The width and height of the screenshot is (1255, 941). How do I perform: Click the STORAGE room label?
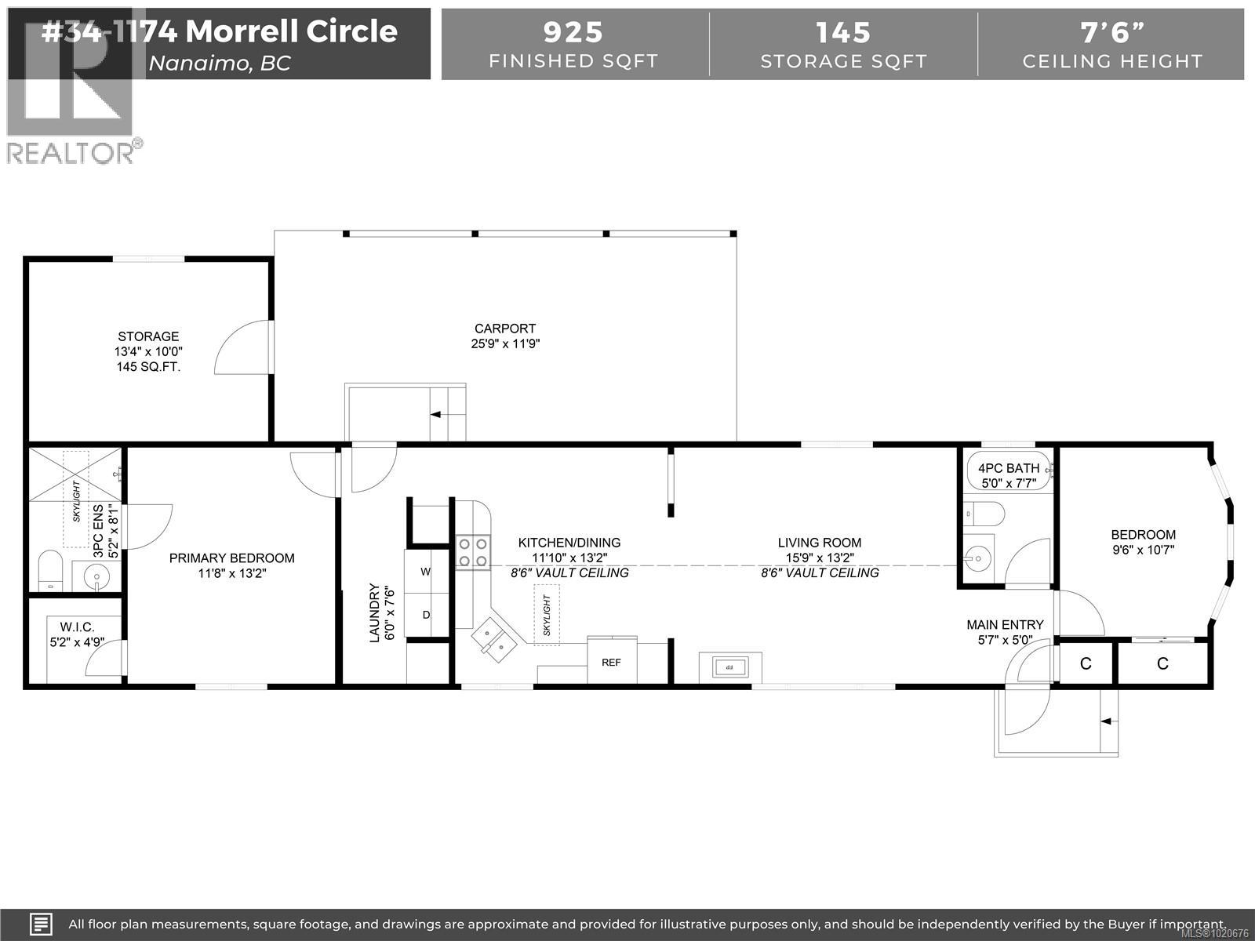pos(148,336)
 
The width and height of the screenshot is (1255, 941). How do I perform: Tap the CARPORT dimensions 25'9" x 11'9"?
pos(505,343)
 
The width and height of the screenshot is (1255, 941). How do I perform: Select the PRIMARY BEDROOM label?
pos(232,558)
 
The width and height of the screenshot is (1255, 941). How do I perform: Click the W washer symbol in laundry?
pos(426,572)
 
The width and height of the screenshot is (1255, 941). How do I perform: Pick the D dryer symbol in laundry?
pos(426,615)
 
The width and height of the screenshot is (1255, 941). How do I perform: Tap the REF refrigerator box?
pos(611,663)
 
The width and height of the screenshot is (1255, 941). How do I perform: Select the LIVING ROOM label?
pos(819,543)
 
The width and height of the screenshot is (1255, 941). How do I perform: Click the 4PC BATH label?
pos(1008,469)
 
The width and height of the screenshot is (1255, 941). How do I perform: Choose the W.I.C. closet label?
pos(77,627)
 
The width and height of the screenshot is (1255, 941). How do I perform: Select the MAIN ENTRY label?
pos(1005,625)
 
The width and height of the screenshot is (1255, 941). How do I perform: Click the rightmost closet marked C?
pos(1162,664)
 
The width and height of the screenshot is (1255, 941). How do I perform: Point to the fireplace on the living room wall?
pos(729,667)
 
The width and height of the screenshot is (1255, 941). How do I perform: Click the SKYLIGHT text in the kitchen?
pos(547,616)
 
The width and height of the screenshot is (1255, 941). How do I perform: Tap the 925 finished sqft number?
pos(573,32)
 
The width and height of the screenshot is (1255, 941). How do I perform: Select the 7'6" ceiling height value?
pos(1111,32)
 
